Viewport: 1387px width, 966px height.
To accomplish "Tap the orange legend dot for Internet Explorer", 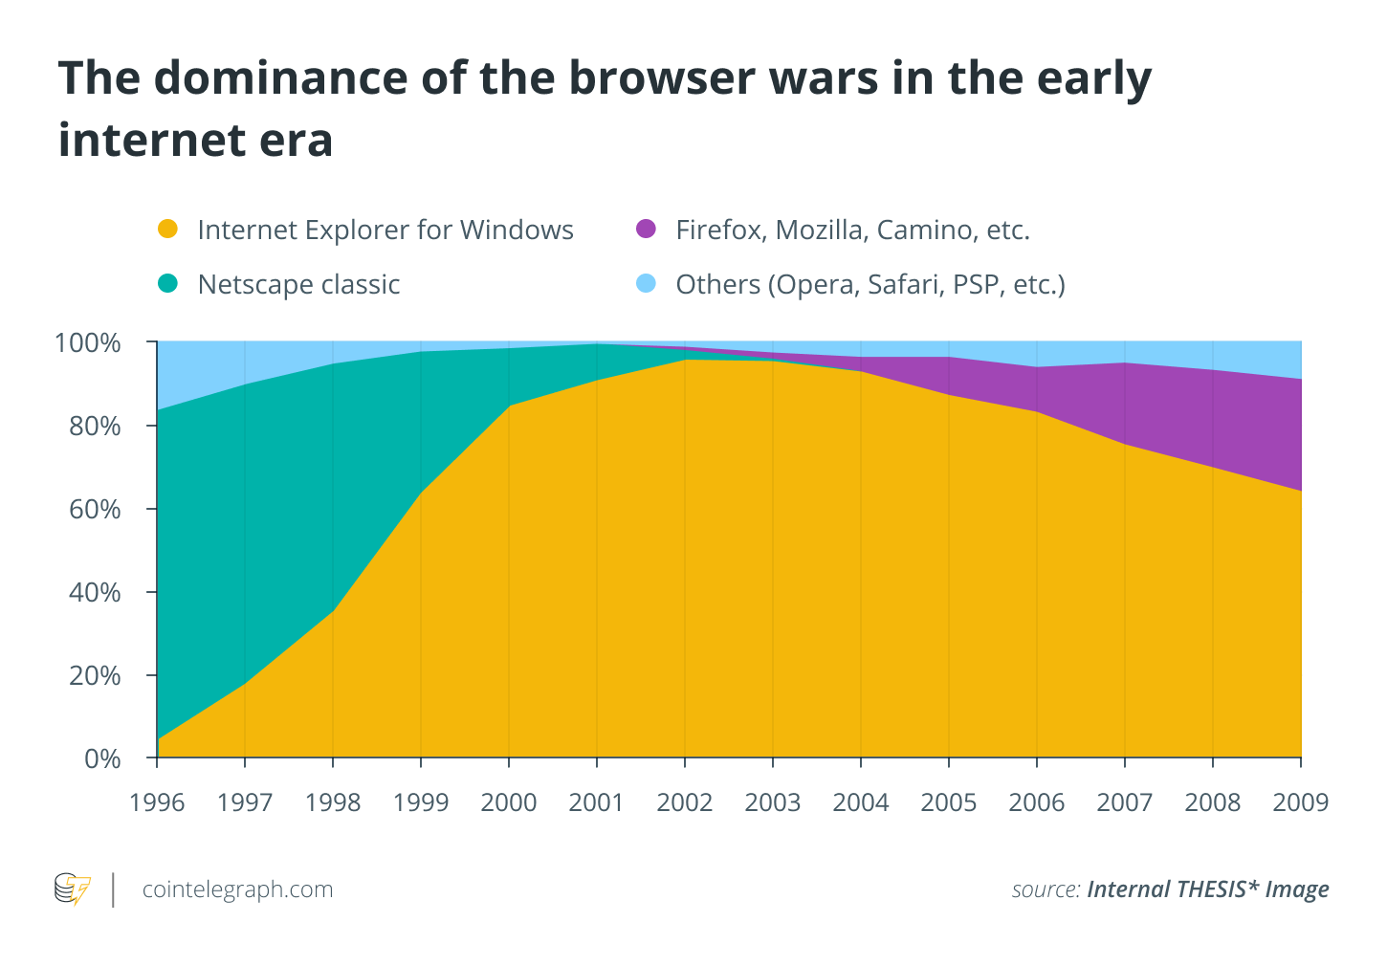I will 167,230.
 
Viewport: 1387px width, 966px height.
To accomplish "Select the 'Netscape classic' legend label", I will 298,285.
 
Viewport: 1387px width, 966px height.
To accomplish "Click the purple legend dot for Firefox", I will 646,230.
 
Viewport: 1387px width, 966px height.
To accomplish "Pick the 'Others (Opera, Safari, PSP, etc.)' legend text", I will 870,285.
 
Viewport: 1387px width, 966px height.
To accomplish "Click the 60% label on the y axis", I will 94,509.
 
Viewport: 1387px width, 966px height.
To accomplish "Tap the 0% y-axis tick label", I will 102,758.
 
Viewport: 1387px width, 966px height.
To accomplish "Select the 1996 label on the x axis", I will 157,802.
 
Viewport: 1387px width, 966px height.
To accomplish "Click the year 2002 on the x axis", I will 685,802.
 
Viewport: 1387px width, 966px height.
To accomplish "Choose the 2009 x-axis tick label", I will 1300,802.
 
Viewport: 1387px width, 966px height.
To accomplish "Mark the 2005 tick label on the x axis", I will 949,802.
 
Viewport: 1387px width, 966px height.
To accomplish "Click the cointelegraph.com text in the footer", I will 237,889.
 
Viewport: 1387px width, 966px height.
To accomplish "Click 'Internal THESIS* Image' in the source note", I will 1207,889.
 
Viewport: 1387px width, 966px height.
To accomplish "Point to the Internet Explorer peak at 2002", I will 685,360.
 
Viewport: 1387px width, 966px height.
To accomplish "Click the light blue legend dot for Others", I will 646,284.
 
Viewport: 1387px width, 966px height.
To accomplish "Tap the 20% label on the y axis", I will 94,675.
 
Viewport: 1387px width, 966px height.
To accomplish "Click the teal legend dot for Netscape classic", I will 167,284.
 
